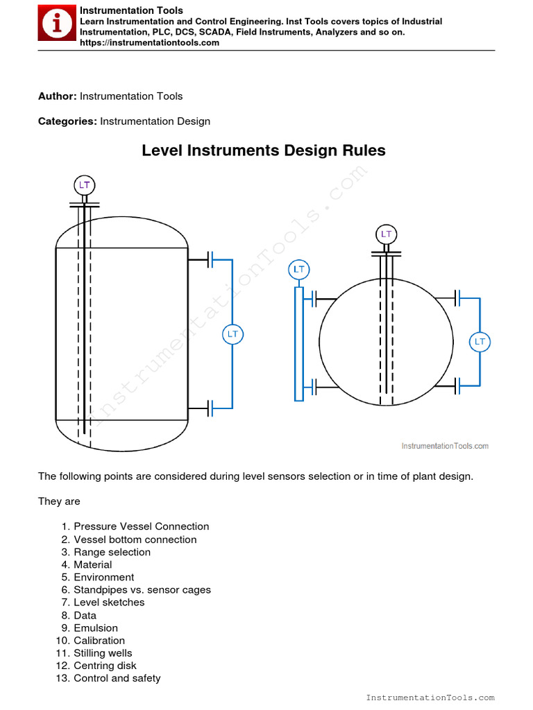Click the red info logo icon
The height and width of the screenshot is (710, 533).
click(56, 25)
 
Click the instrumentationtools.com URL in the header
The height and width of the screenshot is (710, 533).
click(149, 42)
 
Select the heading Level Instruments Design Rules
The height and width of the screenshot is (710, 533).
click(264, 150)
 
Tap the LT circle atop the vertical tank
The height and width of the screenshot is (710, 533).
click(84, 185)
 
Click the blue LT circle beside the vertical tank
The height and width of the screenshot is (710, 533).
click(232, 334)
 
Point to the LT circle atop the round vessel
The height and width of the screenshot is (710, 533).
click(386, 234)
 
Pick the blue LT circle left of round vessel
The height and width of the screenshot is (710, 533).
click(298, 269)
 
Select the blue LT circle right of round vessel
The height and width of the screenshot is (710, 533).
click(480, 342)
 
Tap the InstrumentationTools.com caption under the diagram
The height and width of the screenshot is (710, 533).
click(445, 446)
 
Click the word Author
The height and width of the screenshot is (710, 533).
click(58, 96)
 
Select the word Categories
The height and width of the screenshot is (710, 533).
click(67, 121)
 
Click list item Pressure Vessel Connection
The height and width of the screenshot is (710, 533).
click(141, 527)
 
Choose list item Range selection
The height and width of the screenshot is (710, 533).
click(112, 552)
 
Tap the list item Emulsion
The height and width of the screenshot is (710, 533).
click(96, 628)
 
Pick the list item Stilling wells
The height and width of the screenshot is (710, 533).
click(103, 653)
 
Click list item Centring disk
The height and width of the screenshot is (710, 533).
click(105, 666)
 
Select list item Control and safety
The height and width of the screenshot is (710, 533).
click(117, 678)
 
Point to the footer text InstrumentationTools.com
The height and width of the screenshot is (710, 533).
click(430, 698)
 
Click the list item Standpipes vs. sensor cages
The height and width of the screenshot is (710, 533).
click(142, 590)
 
